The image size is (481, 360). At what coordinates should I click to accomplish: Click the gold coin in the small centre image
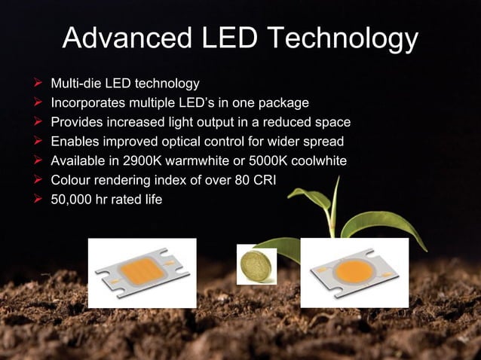[256, 264]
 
